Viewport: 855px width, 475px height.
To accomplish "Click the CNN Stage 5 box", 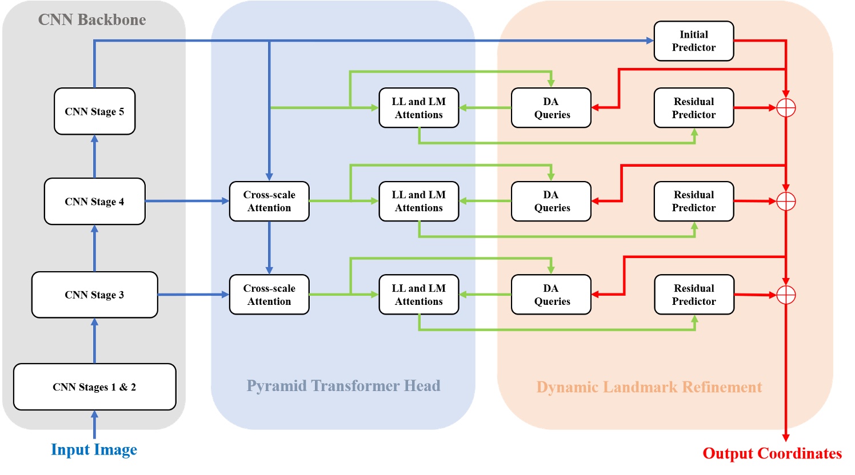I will (x=94, y=111).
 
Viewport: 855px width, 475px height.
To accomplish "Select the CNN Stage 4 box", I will (x=94, y=202).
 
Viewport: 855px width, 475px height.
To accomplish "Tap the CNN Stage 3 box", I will (x=94, y=295).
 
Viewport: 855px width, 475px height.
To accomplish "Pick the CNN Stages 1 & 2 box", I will (x=94, y=387).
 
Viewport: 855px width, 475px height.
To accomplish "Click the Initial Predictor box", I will (x=693, y=41).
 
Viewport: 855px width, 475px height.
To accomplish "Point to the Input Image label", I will (x=94, y=450).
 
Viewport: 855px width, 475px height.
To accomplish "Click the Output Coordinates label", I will (x=772, y=453).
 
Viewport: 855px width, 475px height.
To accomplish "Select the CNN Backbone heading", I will (x=92, y=20).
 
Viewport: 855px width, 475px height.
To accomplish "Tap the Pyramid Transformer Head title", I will (x=343, y=386).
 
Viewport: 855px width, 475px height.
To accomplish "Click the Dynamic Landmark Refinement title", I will (x=649, y=387).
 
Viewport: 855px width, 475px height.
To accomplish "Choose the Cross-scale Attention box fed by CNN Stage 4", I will (x=269, y=202).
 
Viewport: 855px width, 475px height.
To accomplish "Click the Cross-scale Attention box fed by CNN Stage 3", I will (x=269, y=295).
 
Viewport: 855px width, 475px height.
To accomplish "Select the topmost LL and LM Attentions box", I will (x=418, y=108).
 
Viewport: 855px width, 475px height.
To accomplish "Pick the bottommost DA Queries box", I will (x=551, y=295).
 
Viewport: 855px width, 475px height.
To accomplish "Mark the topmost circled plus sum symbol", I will (x=786, y=108).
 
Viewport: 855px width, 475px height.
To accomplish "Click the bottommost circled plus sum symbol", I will (x=786, y=295).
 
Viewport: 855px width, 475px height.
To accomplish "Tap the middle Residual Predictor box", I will (x=693, y=202).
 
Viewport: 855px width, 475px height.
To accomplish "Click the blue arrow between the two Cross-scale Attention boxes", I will (x=269, y=247).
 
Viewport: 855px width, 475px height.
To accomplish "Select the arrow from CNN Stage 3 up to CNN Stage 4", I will (x=94, y=248).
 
